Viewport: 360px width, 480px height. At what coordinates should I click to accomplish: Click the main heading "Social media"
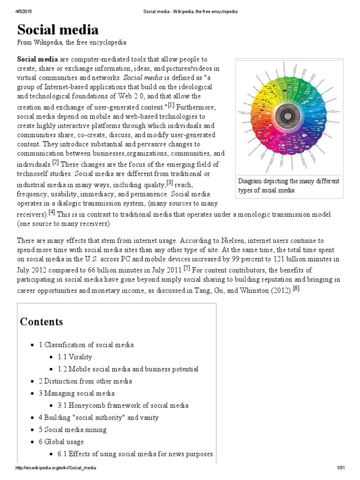[58, 30]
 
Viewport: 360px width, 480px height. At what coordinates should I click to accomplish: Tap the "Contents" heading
[41, 322]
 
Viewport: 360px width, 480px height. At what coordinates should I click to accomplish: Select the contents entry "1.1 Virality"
[75, 357]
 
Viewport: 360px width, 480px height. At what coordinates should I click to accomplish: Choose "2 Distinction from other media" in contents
[85, 381]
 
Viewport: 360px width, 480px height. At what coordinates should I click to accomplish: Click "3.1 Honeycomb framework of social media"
[123, 405]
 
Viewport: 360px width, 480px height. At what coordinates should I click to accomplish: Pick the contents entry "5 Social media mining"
[73, 429]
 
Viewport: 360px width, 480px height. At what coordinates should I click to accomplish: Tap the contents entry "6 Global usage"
[61, 442]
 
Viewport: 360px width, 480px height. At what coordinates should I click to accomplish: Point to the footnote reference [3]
[170, 182]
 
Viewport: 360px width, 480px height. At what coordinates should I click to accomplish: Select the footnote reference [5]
[187, 268]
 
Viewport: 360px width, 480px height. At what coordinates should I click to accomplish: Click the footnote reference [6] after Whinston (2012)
[295, 288]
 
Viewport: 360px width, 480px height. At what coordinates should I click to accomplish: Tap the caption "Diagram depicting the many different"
[288, 181]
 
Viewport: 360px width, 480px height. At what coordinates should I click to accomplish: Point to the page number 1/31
[340, 468]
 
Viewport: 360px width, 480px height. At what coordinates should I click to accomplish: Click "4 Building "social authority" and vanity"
[98, 417]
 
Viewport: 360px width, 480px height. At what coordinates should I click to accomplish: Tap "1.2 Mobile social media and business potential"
[128, 369]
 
